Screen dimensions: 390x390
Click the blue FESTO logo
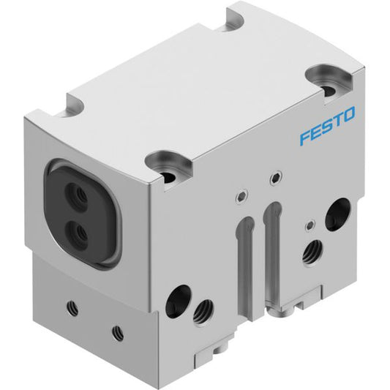pos(327,126)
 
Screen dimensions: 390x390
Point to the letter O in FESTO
pos(348,115)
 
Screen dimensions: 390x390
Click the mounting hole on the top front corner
pos(168,177)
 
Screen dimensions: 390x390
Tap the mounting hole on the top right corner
pos(329,90)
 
